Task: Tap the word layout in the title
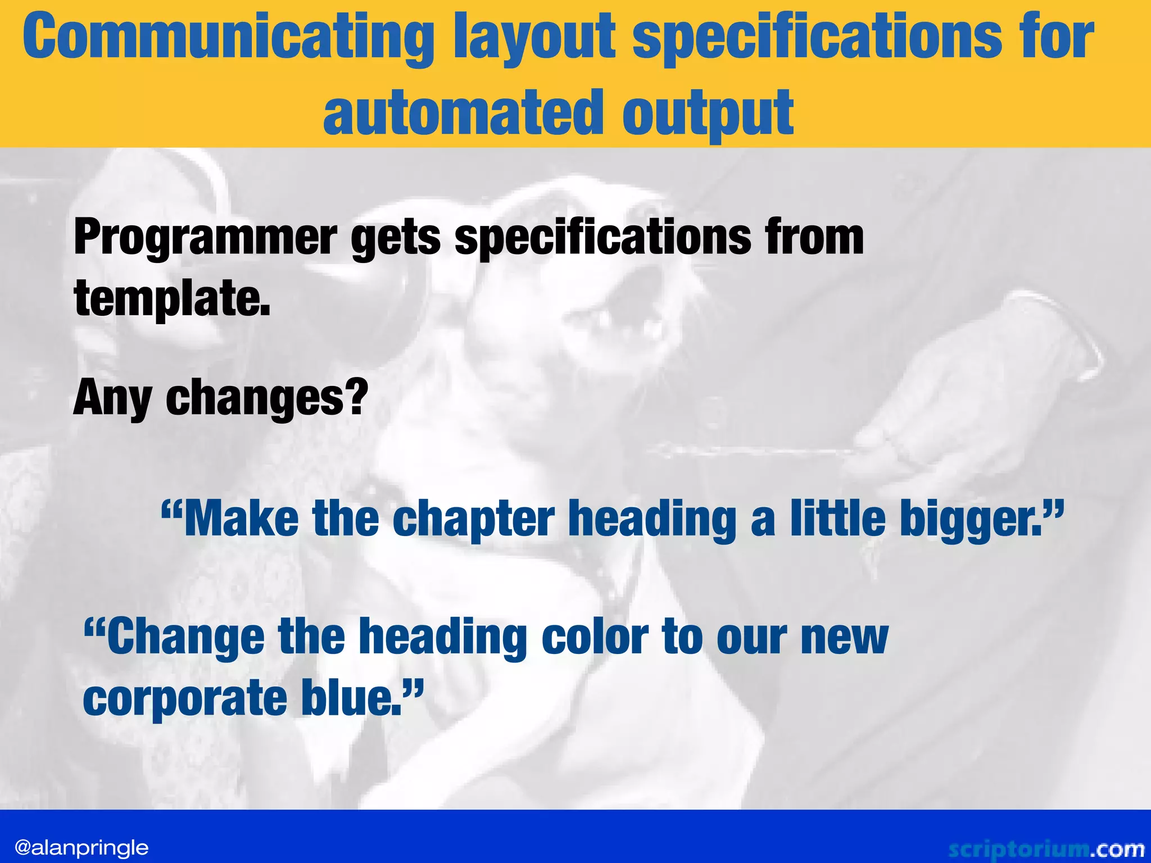click(534, 37)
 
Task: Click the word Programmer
click(206, 238)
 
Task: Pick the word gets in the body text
click(396, 238)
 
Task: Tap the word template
click(172, 299)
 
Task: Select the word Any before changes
click(112, 398)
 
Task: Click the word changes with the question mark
click(266, 398)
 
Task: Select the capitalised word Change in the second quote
click(185, 637)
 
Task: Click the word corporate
click(185, 698)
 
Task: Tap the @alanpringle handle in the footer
click(82, 847)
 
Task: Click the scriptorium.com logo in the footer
click(1045, 848)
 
